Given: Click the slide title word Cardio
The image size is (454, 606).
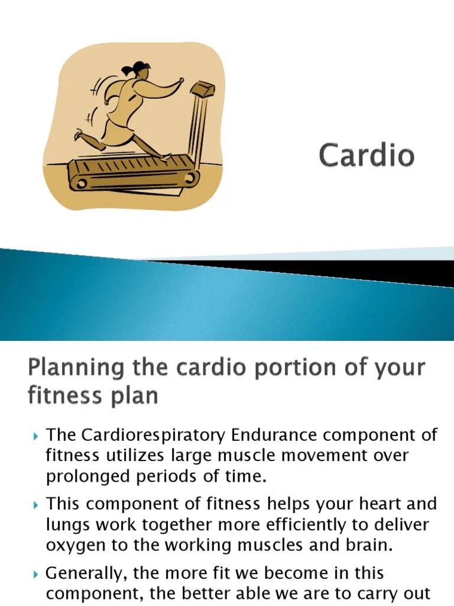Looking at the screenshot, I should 367,156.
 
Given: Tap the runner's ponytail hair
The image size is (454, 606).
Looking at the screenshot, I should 140,66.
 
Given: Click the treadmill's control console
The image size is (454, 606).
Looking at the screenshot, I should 202,91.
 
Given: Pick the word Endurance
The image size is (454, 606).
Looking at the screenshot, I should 274,436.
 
